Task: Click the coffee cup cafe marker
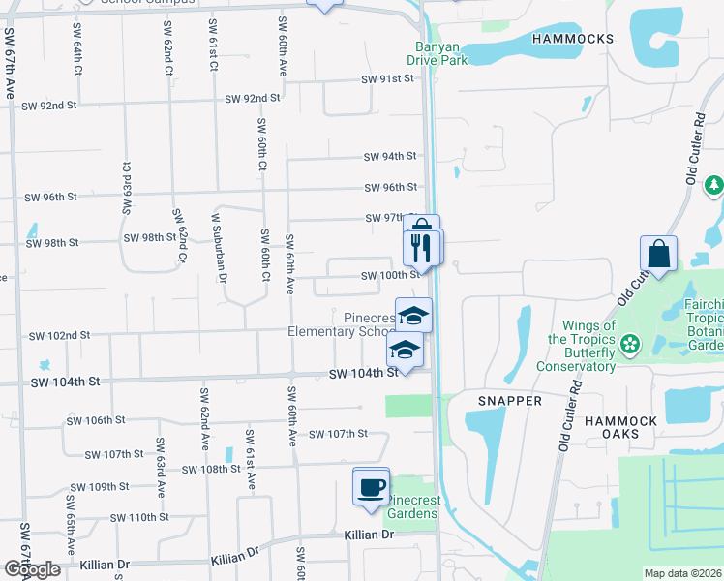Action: (372, 486)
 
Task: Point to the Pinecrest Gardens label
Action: (411, 506)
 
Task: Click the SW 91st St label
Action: (387, 79)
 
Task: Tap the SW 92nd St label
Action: (252, 98)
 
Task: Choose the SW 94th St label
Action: (390, 156)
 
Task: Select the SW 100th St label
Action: (390, 276)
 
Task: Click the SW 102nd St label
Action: (59, 336)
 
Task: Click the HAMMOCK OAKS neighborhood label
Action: (620, 427)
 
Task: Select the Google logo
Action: (32, 569)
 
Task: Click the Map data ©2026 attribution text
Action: (682, 573)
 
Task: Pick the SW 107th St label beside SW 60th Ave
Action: (339, 434)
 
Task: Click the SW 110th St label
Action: (141, 517)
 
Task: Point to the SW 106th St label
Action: (95, 420)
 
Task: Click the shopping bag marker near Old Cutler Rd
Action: (658, 255)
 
